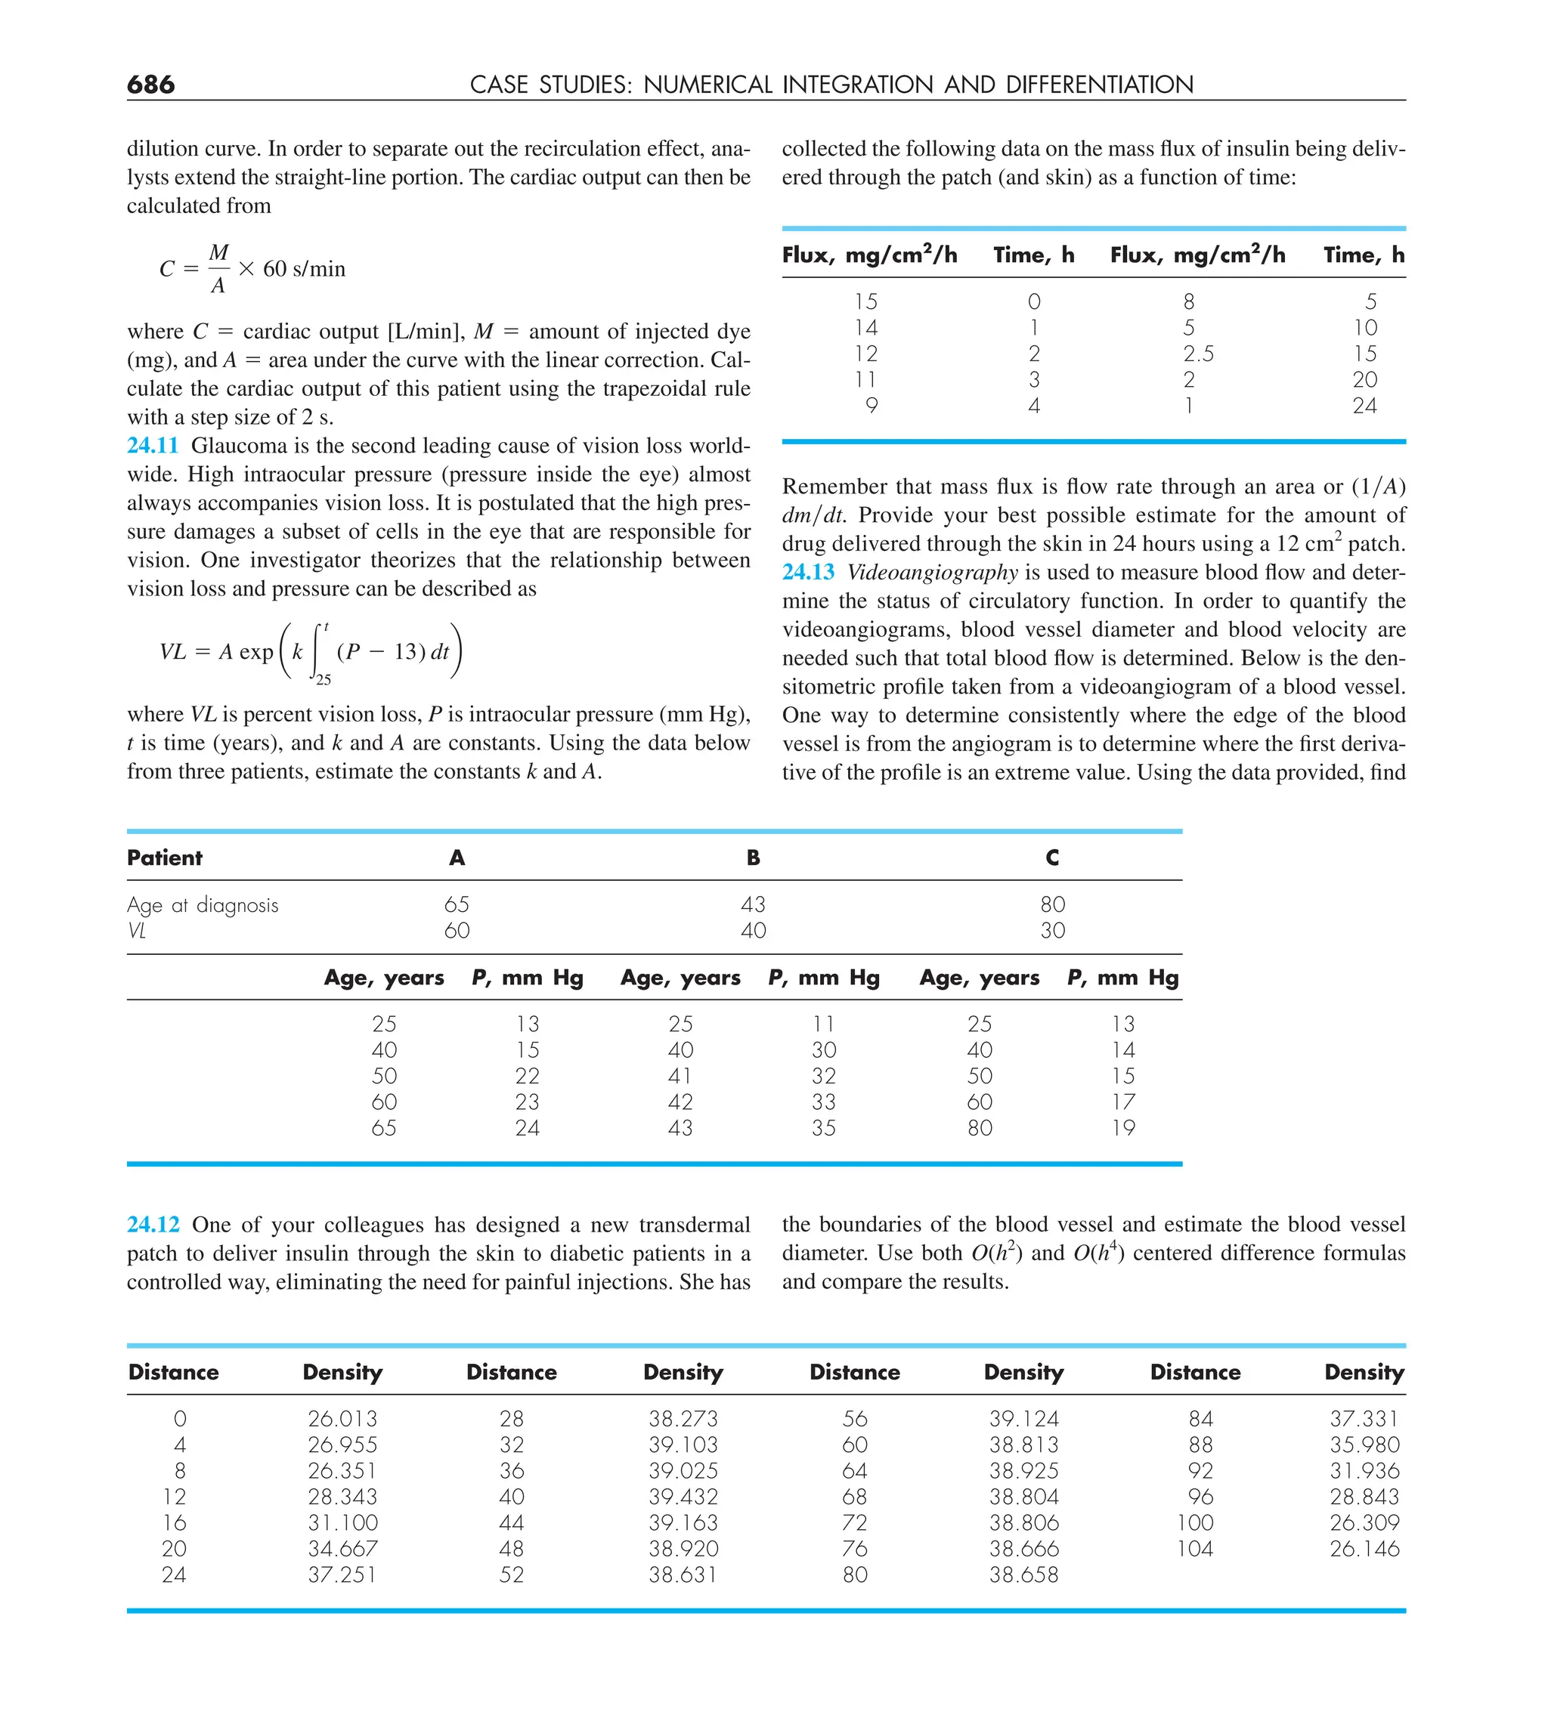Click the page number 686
click(x=150, y=84)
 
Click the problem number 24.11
click(x=153, y=446)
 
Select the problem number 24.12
click(x=153, y=1225)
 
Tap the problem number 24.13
click(x=807, y=572)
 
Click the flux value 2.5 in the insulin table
click(x=1198, y=354)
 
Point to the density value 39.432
click(x=683, y=1496)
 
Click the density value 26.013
click(x=342, y=1418)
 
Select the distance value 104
click(x=1194, y=1548)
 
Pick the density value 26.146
click(x=1364, y=1548)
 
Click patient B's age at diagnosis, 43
click(x=752, y=904)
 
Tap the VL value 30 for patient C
click(x=1052, y=930)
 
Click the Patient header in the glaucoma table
click(x=165, y=858)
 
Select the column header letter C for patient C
click(x=1052, y=858)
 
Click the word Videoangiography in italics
click(x=932, y=572)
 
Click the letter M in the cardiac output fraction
click(x=219, y=252)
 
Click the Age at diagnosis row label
click(x=203, y=905)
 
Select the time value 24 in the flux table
click(x=1364, y=406)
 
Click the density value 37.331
click(x=1364, y=1418)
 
